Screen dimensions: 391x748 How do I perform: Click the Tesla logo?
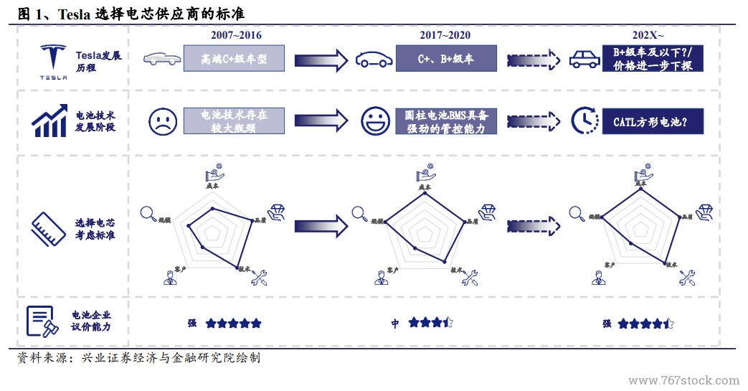pos(52,59)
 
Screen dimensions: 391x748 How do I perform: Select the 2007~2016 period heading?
pos(236,35)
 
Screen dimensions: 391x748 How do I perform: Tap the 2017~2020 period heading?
pos(445,35)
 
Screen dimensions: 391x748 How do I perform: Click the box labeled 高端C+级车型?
pos(235,59)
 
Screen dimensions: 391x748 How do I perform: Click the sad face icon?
pos(163,121)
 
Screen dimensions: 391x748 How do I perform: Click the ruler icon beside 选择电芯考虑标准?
pos(48,228)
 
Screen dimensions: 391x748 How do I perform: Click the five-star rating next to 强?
pos(233,324)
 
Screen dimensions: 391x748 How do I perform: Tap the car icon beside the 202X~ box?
pos(584,60)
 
